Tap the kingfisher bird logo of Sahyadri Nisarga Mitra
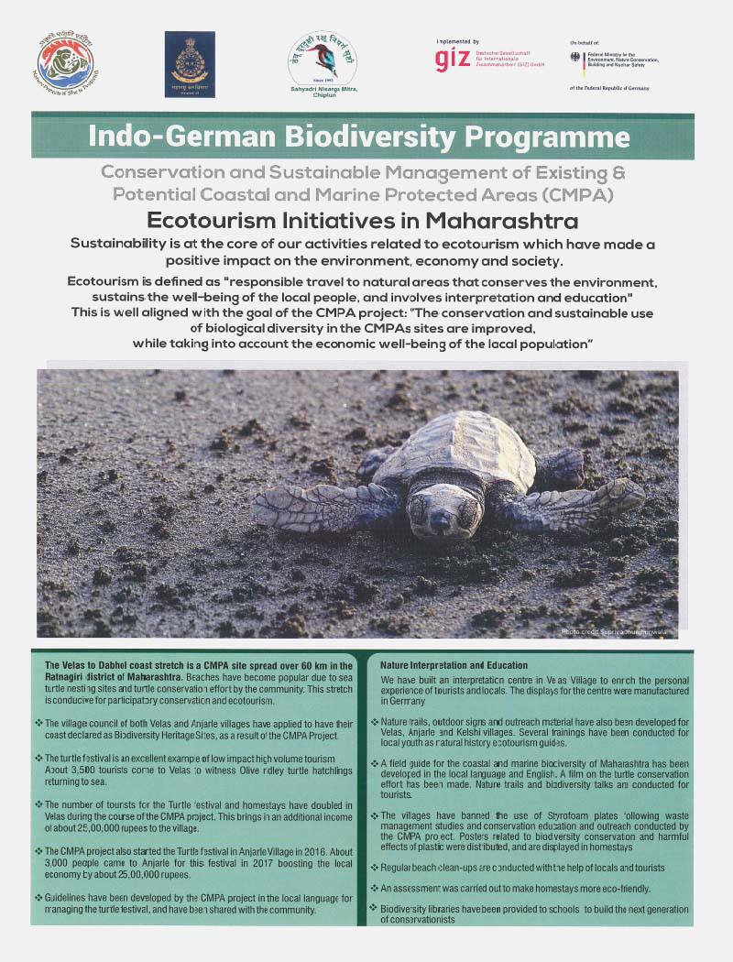click(323, 57)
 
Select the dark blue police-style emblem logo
click(190, 63)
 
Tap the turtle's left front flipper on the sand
click(321, 505)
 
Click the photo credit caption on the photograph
click(615, 631)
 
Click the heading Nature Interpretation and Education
click(454, 664)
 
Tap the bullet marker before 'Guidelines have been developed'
click(38, 899)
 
